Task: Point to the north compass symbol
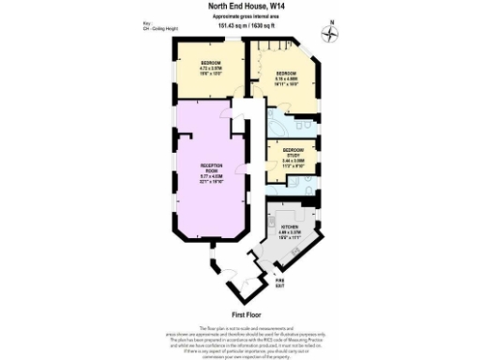[329, 35]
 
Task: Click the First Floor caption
[239, 314]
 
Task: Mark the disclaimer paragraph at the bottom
[239, 338]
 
